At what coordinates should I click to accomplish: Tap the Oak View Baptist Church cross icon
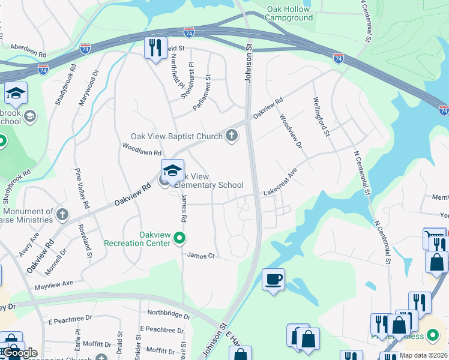(232, 136)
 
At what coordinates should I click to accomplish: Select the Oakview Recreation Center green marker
(179, 239)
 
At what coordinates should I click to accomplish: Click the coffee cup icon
(274, 279)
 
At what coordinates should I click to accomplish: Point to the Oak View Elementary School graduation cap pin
(172, 171)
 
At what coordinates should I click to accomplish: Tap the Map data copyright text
(423, 355)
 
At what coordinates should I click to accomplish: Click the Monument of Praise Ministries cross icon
(62, 214)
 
